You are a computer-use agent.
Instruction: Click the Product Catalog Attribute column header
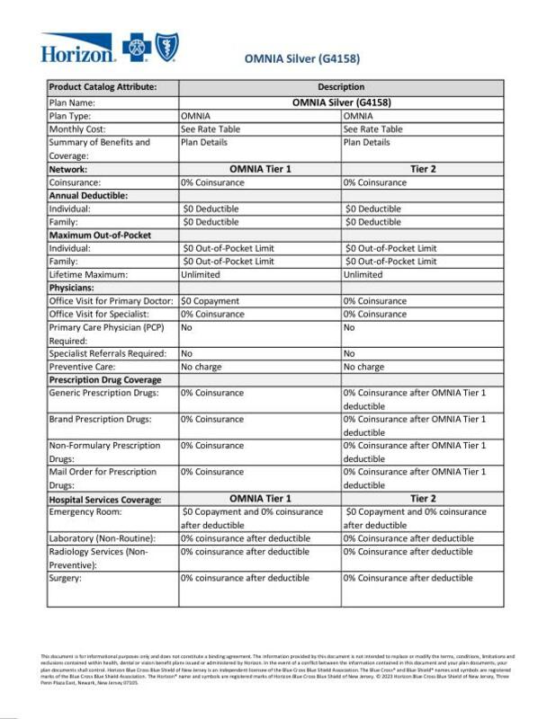coord(103,87)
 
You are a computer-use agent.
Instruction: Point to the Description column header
coord(341,87)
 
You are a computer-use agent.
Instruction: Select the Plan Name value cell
coord(341,102)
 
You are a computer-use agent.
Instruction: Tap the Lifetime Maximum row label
coord(88,274)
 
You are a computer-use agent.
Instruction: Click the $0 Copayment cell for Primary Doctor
coord(210,301)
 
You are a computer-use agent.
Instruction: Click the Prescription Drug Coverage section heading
coord(103,380)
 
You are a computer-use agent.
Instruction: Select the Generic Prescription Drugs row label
coord(103,394)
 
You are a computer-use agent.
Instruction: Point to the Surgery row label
coord(67,579)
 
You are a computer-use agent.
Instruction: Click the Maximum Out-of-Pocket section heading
coord(99,235)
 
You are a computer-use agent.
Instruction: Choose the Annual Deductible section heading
coord(88,195)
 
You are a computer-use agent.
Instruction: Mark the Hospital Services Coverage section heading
coord(104,499)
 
